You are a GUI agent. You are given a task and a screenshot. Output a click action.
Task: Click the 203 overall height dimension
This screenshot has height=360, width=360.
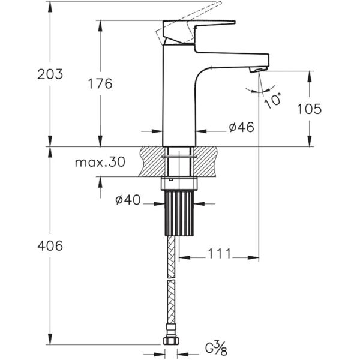point(50,74)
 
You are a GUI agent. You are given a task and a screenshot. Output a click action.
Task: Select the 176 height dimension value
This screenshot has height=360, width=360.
point(99,83)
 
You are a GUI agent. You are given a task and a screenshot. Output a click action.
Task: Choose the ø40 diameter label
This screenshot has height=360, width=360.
point(128,200)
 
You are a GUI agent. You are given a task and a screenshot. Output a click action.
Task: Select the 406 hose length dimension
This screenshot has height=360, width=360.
point(50,245)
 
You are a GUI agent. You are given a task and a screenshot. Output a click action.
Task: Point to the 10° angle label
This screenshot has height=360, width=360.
point(273,99)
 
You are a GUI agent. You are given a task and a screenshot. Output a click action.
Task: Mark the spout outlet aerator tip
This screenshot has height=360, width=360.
point(256,71)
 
